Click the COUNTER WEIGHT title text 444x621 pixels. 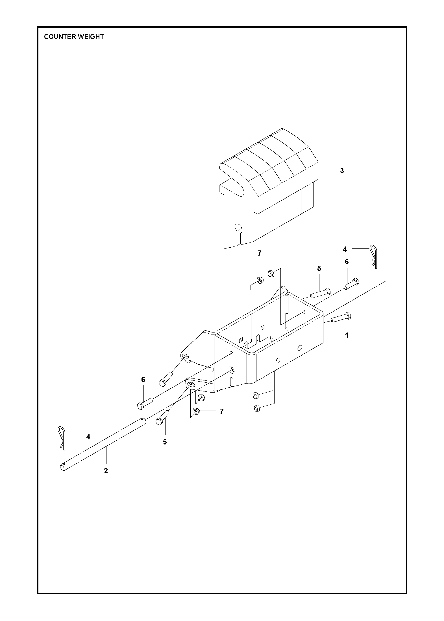pyautogui.click(x=74, y=37)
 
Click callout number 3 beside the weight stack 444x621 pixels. pyautogui.click(x=342, y=171)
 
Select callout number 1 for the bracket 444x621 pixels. pyautogui.click(x=347, y=335)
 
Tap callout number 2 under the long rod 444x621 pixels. pyautogui.click(x=106, y=471)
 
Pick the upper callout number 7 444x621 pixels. pyautogui.click(x=259, y=254)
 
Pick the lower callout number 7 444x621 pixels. pyautogui.click(x=221, y=411)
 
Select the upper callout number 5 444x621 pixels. pyautogui.click(x=319, y=268)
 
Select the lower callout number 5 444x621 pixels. pyautogui.click(x=165, y=442)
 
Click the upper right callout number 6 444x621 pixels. pyautogui.click(x=347, y=262)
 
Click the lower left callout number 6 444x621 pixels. pyautogui.click(x=143, y=380)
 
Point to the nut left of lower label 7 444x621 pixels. pyautogui.click(x=195, y=411)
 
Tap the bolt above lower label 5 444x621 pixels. pyautogui.click(x=162, y=420)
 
